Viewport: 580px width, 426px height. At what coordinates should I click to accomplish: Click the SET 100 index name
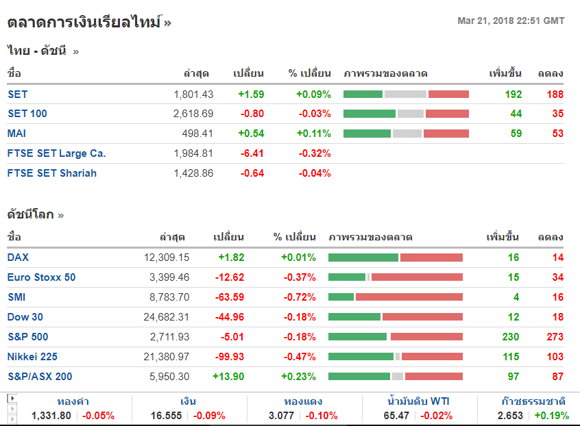27,114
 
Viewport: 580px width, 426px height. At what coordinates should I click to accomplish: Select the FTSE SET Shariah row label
52,173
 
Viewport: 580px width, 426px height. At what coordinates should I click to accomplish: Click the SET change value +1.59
251,95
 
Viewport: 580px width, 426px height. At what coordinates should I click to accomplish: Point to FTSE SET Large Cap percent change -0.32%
315,153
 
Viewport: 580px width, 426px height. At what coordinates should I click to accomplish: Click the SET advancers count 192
513,95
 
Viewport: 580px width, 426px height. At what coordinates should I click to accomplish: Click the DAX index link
19,258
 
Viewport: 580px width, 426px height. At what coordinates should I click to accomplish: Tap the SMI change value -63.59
228,297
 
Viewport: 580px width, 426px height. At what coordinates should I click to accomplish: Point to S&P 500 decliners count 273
555,337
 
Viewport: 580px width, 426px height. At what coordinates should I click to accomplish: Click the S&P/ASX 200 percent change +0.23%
298,377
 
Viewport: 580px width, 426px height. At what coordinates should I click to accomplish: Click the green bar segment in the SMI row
341,297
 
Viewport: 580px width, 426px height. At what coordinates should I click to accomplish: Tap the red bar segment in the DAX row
431,258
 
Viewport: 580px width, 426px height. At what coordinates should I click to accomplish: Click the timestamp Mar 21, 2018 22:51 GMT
511,21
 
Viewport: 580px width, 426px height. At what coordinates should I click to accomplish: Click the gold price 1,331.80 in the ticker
51,416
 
